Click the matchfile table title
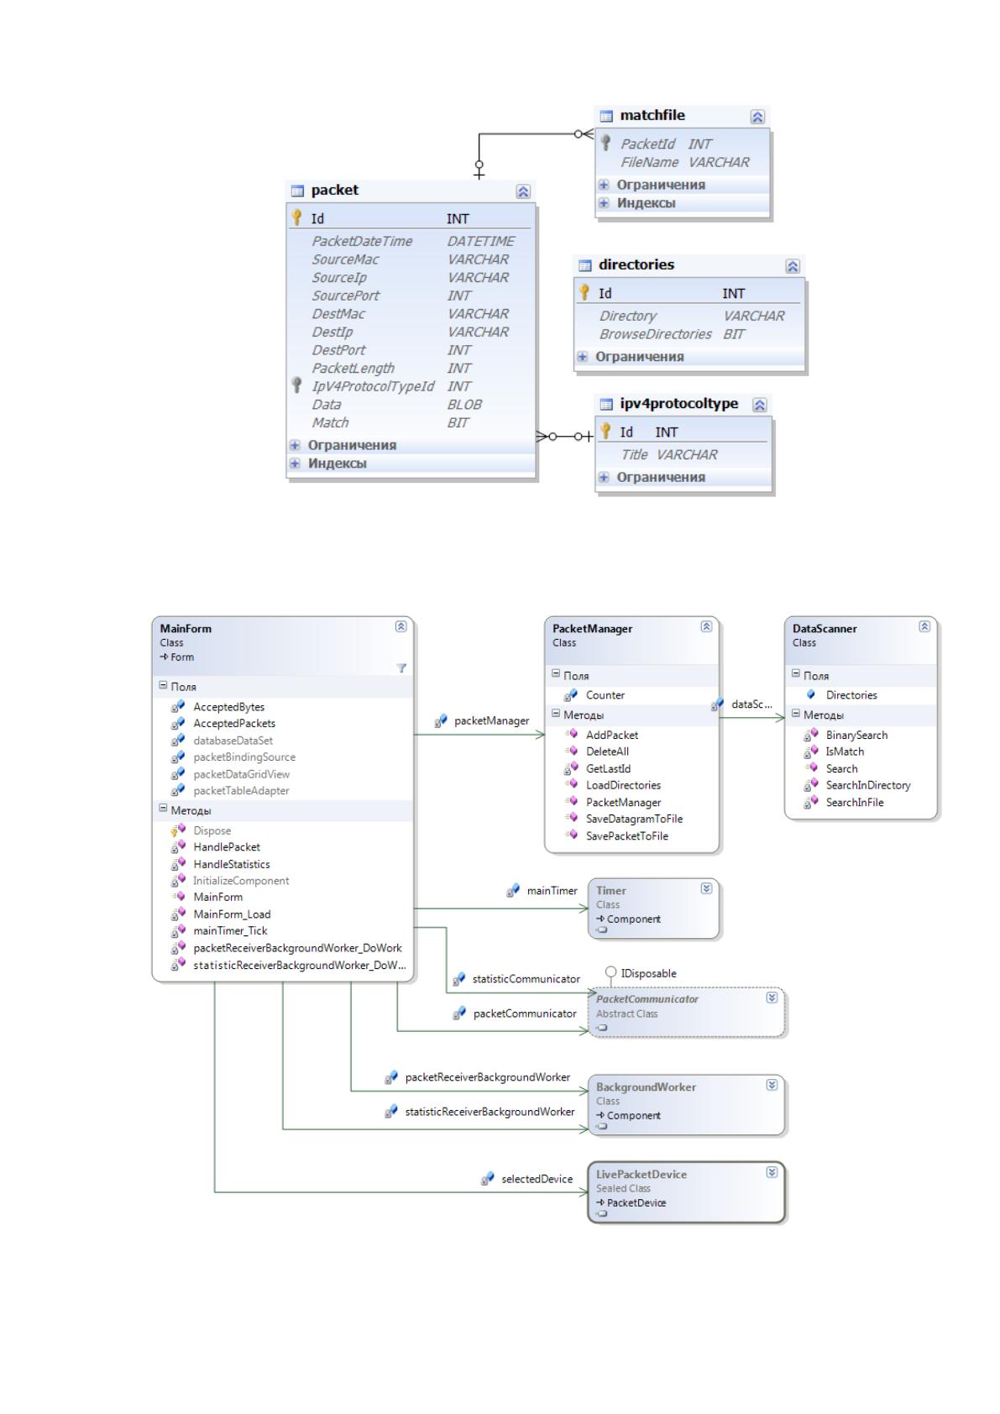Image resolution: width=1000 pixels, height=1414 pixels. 652,116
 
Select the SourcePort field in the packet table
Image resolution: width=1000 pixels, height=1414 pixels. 345,296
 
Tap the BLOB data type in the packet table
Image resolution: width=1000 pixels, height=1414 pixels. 464,405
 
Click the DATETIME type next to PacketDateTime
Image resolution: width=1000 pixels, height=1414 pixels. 480,241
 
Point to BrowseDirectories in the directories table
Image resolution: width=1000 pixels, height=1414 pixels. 655,334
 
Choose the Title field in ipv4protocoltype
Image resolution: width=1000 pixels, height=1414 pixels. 634,454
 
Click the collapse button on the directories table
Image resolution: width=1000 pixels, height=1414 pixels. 793,266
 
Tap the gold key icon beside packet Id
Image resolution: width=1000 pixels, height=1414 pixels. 296,217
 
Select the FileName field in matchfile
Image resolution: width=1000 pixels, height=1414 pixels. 649,162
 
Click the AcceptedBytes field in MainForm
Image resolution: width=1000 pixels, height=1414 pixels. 228,707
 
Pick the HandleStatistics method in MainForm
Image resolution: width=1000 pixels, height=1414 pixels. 231,864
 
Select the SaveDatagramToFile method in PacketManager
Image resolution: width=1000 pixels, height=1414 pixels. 634,819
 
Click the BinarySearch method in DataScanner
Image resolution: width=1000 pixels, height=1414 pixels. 856,735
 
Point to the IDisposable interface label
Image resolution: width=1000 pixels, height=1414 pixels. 648,973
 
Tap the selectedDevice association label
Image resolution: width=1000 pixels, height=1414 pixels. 537,1179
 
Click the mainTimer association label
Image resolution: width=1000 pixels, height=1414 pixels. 552,891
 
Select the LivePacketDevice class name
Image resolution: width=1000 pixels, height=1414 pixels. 641,1174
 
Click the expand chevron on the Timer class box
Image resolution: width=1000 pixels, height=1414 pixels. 706,889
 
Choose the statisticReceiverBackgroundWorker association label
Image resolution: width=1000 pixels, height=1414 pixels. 490,1112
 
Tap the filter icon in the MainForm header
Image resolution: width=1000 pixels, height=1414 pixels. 401,668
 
